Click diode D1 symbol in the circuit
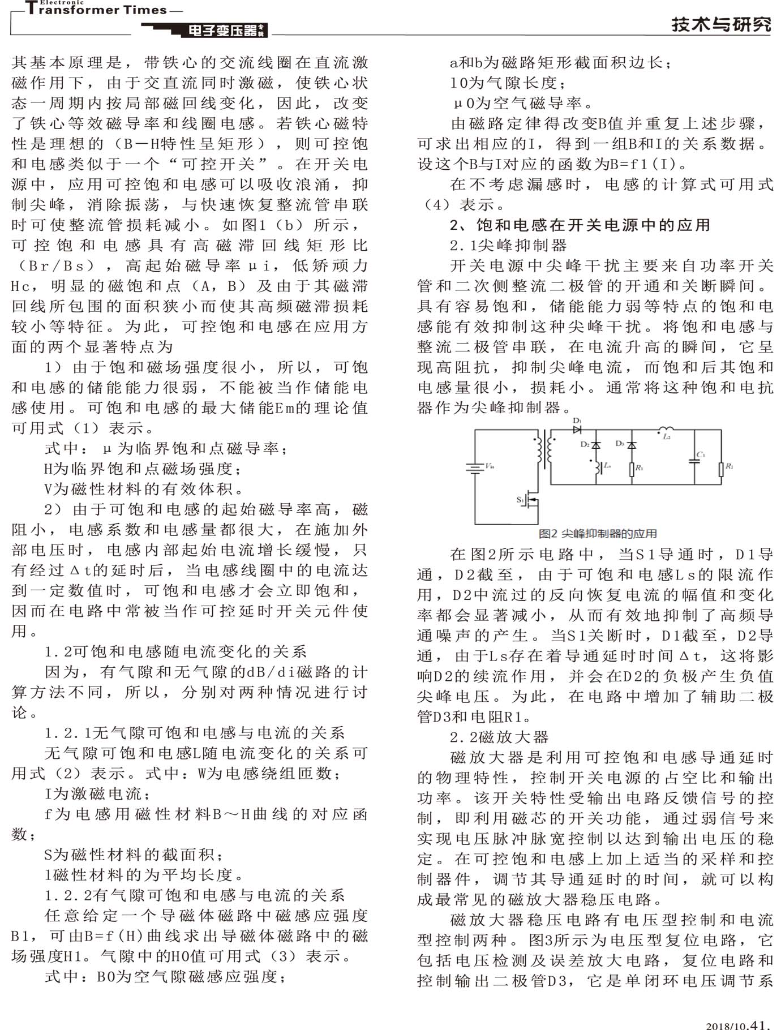(x=577, y=430)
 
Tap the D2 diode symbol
(x=596, y=445)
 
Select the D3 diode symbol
(x=632, y=445)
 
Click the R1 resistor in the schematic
(x=632, y=469)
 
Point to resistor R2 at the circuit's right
(x=721, y=469)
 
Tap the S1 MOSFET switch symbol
(x=532, y=500)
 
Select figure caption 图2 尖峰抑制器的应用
(x=598, y=534)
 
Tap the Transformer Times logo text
(x=96, y=9)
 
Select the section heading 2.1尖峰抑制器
(x=508, y=245)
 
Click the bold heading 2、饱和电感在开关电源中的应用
(x=580, y=225)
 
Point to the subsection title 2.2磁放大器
(x=499, y=737)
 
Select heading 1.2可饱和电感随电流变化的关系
(x=175, y=651)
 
